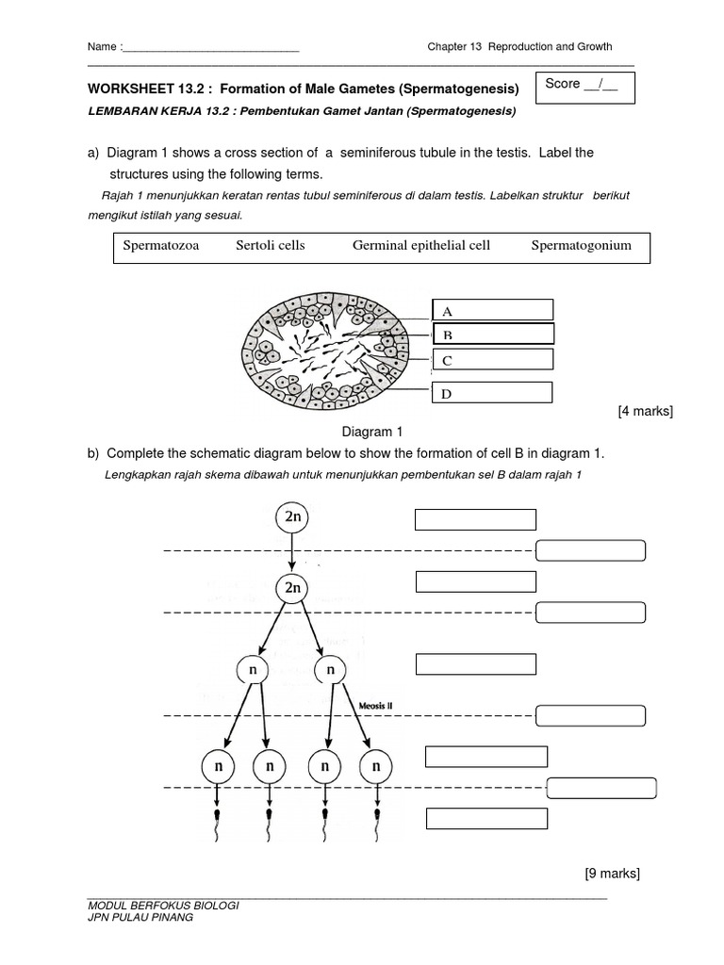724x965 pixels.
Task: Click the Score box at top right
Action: coord(584,87)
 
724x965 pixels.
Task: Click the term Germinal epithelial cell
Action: coord(421,246)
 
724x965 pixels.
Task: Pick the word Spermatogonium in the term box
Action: coord(581,246)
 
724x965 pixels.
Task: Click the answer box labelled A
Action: coord(493,310)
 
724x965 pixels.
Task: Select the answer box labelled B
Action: coord(493,334)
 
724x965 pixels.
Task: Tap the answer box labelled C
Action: coord(493,359)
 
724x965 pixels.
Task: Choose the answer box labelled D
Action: coord(493,393)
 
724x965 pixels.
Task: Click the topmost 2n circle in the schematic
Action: coord(292,517)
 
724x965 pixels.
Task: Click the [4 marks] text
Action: coord(645,412)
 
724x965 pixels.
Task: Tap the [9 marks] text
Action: coord(612,874)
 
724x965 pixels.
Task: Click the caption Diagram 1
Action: coord(371,432)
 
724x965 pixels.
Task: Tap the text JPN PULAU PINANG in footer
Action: coord(140,918)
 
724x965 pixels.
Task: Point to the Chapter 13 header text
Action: coord(519,46)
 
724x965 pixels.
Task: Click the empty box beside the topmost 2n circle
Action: coord(475,520)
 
